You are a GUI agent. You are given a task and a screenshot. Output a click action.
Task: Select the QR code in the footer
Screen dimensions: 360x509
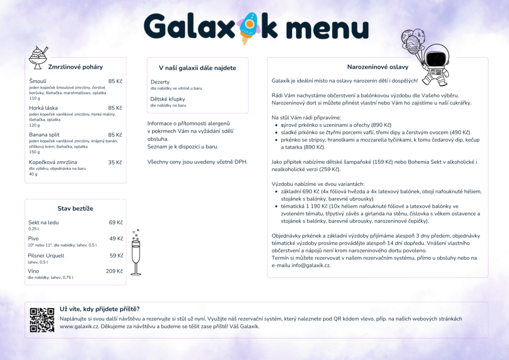(42, 320)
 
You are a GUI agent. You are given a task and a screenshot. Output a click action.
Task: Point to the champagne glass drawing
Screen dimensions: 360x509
(135, 253)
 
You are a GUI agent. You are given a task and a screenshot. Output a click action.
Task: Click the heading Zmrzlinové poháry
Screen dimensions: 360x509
(75, 67)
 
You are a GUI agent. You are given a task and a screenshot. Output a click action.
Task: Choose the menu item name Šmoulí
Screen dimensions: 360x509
(38, 81)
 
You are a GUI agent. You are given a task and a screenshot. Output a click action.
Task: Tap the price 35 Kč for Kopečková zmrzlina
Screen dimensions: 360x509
(115, 162)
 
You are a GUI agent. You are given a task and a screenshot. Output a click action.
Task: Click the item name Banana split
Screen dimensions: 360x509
(44, 135)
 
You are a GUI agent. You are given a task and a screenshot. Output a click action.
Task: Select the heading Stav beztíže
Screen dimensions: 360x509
(75, 208)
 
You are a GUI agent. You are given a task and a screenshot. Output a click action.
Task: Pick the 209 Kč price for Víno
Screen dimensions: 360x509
(114, 271)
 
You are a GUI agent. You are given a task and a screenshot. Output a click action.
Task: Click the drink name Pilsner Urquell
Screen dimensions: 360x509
(46, 256)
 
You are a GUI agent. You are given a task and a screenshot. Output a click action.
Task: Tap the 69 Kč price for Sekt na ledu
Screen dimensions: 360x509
(116, 223)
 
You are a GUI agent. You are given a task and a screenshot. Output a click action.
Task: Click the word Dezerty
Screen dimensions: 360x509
(160, 82)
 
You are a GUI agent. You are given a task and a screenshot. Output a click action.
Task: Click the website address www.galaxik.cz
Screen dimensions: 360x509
(80, 327)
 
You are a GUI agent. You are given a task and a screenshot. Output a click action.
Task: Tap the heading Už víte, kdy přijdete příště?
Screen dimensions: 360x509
(99, 309)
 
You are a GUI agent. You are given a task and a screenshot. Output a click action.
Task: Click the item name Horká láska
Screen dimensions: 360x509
(43, 108)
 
